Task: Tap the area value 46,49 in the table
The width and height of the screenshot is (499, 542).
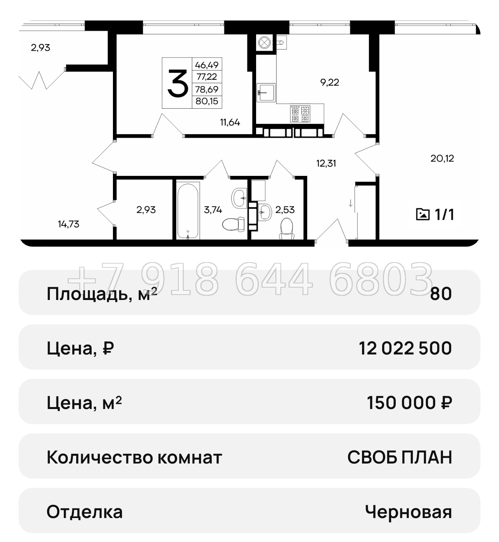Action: (207, 65)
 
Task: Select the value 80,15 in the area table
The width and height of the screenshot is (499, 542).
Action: (207, 101)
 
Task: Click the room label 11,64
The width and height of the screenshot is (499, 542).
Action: (230, 123)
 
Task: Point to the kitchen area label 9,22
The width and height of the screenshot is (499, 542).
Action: (330, 82)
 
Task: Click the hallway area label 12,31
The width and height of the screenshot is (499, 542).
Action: (326, 163)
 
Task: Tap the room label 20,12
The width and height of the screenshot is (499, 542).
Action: (442, 158)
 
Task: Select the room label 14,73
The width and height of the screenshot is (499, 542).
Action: (68, 224)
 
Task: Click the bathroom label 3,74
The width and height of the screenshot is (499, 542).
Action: (213, 210)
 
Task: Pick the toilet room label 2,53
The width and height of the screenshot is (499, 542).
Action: (285, 210)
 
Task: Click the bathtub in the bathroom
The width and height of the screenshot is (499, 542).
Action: (188, 211)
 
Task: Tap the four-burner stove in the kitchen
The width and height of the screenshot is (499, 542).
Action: (300, 114)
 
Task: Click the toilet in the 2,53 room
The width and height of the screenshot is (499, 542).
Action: (287, 228)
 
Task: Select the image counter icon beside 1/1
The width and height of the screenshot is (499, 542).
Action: (422, 214)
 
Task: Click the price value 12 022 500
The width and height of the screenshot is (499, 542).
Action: (405, 348)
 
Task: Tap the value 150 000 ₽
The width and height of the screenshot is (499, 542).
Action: (409, 403)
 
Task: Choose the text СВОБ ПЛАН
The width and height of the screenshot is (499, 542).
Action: (399, 457)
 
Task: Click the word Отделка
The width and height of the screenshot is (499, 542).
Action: (84, 512)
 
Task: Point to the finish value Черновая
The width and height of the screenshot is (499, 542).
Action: (408, 512)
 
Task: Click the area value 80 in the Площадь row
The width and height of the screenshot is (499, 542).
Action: (441, 294)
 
